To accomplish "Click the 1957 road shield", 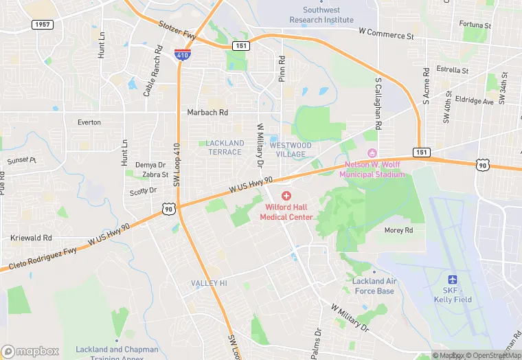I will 42,25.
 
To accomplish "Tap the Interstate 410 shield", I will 182,55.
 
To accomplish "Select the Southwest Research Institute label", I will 321,14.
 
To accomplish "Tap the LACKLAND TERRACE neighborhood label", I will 225,147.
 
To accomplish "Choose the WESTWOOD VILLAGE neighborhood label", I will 291,150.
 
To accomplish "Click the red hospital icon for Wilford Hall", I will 286,196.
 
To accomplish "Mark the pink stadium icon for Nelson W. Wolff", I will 373,153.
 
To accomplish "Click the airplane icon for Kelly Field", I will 452,279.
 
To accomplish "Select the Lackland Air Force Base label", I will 374,286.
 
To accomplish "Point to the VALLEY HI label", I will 209,283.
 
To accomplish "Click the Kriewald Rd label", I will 31,238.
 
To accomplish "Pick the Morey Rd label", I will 398,231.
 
